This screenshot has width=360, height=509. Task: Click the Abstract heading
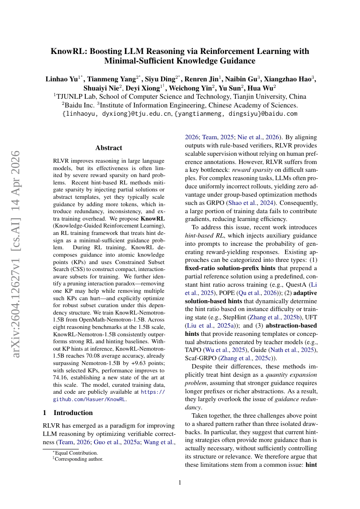(108, 148)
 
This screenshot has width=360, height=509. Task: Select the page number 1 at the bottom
(180, 482)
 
